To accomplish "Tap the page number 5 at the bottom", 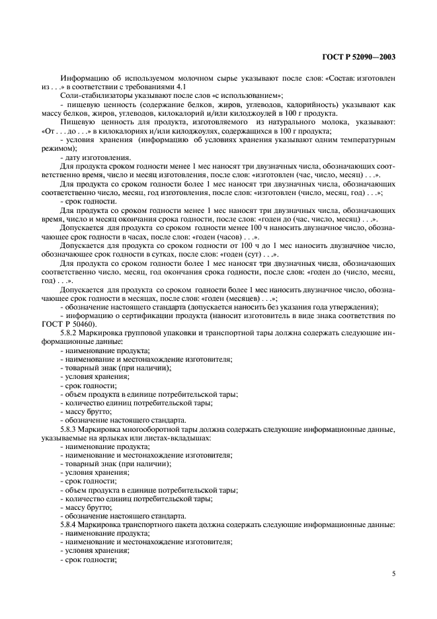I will (x=393, y=573).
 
